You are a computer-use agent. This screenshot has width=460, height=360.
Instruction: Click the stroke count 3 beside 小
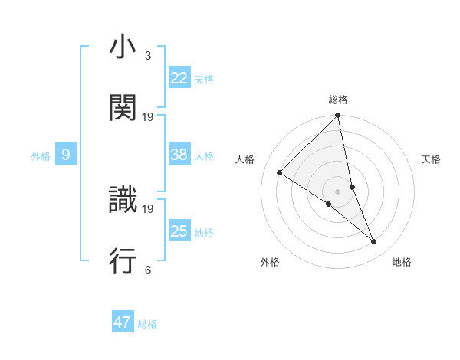[147, 56]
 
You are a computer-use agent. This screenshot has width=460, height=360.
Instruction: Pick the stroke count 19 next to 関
[148, 116]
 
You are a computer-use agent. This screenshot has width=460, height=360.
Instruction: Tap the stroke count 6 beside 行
[147, 270]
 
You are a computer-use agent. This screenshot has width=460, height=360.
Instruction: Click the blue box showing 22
[179, 78]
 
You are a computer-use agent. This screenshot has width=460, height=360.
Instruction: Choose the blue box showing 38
[179, 155]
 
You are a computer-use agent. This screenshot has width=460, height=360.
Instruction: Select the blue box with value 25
[179, 231]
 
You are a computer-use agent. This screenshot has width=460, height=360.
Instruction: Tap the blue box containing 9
[66, 155]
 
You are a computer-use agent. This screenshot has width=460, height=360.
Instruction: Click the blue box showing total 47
[123, 322]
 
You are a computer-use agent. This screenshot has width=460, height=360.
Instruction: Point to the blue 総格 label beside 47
[147, 324]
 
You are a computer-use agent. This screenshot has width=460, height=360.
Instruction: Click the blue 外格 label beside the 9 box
[41, 156]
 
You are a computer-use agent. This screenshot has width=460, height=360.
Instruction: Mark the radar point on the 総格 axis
[337, 116]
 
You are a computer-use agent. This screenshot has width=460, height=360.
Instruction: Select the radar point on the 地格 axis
[374, 241]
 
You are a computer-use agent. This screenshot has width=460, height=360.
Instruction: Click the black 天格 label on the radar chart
[431, 159]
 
